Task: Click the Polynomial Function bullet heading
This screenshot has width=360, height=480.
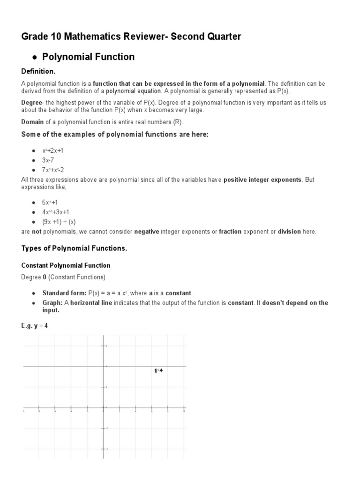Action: pos(88,57)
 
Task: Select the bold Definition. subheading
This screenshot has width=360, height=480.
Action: pos(38,71)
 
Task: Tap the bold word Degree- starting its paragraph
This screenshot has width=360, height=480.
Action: pos(32,102)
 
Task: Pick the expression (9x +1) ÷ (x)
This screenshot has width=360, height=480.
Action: pos(59,222)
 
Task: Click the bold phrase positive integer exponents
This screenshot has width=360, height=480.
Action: pos(262,180)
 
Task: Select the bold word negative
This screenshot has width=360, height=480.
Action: pos(147,232)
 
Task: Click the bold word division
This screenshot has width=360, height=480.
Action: pos(289,232)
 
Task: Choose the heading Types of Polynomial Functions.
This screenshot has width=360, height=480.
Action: pos(74,248)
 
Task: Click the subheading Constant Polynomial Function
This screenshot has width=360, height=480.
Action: pos(66,265)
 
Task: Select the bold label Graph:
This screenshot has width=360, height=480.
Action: pos(52,303)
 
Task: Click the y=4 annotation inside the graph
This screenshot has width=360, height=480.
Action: pos(158,371)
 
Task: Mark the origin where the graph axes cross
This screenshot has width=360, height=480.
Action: pos(103,407)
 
